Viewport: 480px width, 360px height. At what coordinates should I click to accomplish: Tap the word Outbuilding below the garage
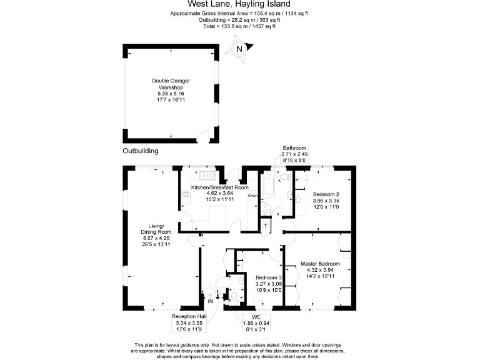pos(141,151)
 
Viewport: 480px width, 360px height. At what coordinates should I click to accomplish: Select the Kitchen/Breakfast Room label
pos(220,187)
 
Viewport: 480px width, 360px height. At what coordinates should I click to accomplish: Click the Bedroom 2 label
pos(326,194)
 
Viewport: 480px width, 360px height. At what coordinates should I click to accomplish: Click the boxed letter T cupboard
pos(266,226)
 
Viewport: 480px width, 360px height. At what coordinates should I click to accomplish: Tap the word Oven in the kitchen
pos(253,196)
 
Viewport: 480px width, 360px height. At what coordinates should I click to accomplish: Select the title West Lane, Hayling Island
pos(240,4)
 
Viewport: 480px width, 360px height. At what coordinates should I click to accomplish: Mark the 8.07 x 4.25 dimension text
pos(152,238)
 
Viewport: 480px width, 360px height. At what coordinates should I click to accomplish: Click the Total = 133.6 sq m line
pos(240,26)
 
